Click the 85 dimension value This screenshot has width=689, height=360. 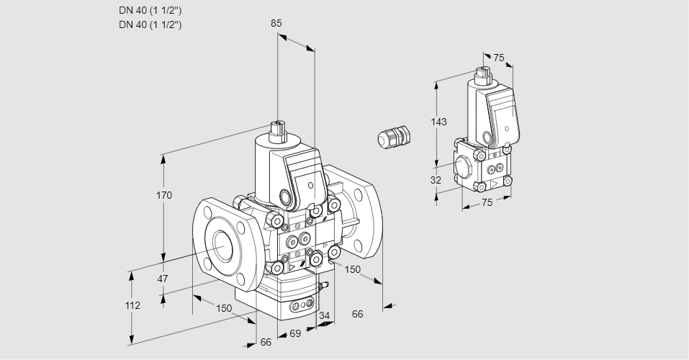point(276,23)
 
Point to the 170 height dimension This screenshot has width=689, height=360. point(165,196)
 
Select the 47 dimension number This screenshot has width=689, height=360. point(163,279)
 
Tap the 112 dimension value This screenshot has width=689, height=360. point(132,305)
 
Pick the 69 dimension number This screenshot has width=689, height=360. point(294,333)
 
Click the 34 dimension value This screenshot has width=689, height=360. point(324,315)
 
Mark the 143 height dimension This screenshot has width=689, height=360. point(438,122)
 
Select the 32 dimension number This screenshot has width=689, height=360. point(436,180)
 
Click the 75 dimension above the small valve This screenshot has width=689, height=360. point(499,58)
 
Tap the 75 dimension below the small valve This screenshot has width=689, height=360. point(487,202)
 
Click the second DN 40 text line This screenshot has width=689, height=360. point(150,24)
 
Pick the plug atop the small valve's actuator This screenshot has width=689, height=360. point(482,74)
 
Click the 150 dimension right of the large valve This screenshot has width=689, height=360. point(352,269)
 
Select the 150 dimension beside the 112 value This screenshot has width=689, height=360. point(224,308)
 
